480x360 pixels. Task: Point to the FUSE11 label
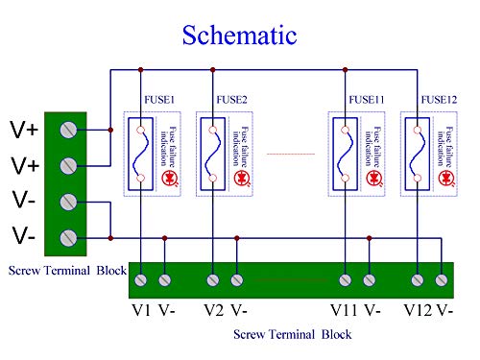(x=366, y=100)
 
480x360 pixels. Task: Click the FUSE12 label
(x=437, y=100)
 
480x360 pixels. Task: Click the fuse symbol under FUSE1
(x=141, y=154)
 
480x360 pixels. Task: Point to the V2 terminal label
(x=213, y=310)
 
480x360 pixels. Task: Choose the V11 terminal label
(x=344, y=310)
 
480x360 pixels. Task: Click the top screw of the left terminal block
(x=68, y=129)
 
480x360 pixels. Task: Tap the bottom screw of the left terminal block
(x=68, y=237)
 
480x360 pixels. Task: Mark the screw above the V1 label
(x=141, y=280)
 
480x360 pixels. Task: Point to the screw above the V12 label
(x=419, y=280)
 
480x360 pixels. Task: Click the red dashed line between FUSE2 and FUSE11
(x=290, y=154)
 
